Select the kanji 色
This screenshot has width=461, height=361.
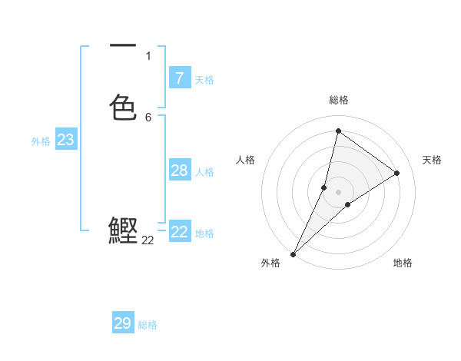(123, 107)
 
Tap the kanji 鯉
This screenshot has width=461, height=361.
(123, 231)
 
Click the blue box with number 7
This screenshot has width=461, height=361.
(179, 78)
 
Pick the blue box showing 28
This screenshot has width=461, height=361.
(179, 171)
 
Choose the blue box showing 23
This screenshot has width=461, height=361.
(65, 140)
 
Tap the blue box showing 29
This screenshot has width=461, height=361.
(123, 323)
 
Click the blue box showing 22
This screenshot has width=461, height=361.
(179, 232)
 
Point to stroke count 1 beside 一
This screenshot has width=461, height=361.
(148, 56)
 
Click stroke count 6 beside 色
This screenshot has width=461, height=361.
(148, 118)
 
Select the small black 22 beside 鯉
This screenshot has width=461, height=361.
(148, 240)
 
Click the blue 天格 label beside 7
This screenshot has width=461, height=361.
(204, 79)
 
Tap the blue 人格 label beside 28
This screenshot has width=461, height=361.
(204, 172)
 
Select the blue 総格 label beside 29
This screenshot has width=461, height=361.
(148, 325)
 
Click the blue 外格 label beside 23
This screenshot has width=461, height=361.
(41, 141)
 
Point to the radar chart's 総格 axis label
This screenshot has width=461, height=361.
(338, 100)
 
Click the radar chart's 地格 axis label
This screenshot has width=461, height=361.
(403, 263)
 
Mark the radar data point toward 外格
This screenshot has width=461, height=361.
(293, 253)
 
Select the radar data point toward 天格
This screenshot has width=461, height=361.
(397, 174)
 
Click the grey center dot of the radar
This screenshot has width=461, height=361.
(338, 192)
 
